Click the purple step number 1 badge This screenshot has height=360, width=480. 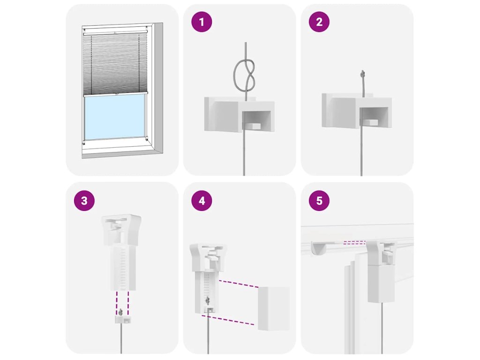pos(202,22)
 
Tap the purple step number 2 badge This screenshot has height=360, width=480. pos(319,22)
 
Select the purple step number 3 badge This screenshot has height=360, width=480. pos(84,201)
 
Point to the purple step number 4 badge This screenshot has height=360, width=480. pos(202,201)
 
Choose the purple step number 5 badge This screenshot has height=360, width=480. pos(319,201)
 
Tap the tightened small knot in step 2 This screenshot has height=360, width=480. pos(363,74)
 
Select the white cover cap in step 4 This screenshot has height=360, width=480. pos(274,308)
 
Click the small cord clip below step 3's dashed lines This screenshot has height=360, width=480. pos(122,320)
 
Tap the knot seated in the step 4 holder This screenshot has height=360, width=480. pos(208,300)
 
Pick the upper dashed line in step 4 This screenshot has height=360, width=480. pos(239,284)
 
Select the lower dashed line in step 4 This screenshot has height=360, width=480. pos(228,320)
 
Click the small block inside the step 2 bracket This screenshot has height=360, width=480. pos(370,122)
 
